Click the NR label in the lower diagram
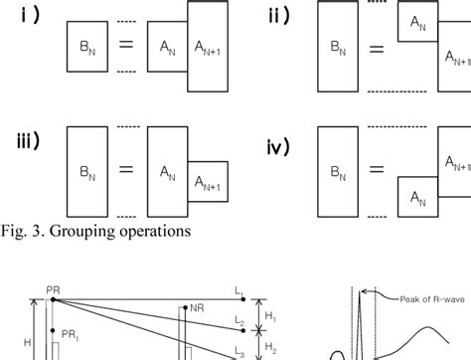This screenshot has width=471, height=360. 199,309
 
